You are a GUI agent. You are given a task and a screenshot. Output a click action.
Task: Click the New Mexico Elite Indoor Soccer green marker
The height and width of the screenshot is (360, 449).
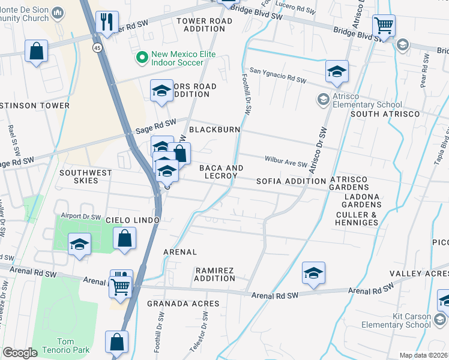(x=142, y=58)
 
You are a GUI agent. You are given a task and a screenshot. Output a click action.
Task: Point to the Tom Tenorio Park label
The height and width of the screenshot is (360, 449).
(x=59, y=346)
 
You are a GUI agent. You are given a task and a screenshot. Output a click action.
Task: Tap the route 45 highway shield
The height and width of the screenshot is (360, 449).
(x=97, y=47)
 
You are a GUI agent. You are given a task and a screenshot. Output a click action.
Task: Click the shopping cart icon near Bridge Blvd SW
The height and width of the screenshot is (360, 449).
(x=383, y=26)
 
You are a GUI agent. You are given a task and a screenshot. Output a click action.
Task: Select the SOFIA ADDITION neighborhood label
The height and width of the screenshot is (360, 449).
(x=291, y=181)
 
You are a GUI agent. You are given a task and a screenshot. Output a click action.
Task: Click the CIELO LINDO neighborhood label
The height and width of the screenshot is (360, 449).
(x=132, y=221)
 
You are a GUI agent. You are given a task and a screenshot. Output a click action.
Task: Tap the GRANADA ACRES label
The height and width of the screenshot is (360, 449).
(x=183, y=304)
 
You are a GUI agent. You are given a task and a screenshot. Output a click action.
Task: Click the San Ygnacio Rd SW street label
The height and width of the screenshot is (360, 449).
(x=278, y=75)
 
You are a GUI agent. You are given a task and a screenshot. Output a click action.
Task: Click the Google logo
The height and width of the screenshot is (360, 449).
(x=20, y=352)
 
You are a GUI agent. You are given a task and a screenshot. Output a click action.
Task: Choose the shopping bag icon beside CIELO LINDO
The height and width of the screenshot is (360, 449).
(x=124, y=238)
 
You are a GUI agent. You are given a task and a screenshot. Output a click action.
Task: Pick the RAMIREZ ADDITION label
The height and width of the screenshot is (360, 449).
(x=214, y=274)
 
